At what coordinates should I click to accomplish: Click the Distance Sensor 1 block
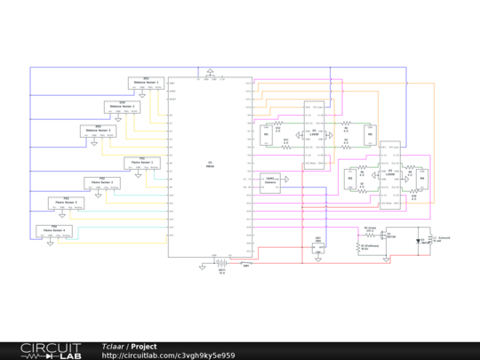tap(147, 83)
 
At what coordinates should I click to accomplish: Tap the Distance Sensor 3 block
tap(98, 132)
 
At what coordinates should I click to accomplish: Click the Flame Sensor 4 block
tap(54, 229)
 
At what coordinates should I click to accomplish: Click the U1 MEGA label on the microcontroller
tap(210, 164)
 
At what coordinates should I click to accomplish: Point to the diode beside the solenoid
tap(419, 240)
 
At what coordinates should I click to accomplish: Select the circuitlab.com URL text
tap(168, 355)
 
